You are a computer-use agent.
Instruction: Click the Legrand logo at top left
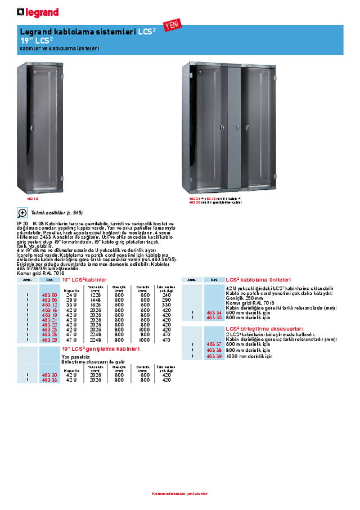tap(38, 12)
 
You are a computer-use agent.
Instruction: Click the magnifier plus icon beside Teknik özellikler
tap(22, 212)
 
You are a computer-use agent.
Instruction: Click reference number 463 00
tap(49, 295)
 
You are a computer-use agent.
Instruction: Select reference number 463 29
tap(49, 340)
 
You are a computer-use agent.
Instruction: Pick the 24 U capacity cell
tap(71, 295)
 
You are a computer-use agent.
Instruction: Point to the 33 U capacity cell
tap(71, 305)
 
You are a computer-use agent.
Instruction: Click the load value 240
tap(166, 295)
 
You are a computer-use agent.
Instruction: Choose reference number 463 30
tap(49, 375)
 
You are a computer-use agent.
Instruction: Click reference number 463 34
tap(214, 312)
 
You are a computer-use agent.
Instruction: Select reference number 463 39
tap(214, 356)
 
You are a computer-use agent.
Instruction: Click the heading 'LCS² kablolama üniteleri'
tap(258, 279)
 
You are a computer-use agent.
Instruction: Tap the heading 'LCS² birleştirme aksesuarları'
tap(265, 329)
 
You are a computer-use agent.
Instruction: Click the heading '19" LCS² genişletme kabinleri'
tap(101, 349)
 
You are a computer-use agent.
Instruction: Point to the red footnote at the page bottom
tap(180, 494)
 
